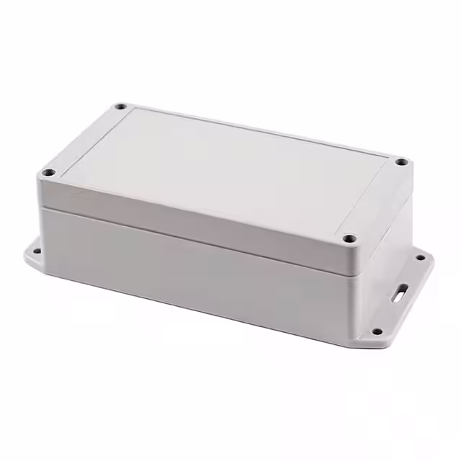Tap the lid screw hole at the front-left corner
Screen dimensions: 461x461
48,173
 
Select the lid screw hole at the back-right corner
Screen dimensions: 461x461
400,163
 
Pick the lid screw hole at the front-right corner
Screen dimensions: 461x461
350,238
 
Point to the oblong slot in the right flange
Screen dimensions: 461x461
400,293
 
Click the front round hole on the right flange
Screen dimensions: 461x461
376,331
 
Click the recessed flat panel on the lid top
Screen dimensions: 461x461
223,169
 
